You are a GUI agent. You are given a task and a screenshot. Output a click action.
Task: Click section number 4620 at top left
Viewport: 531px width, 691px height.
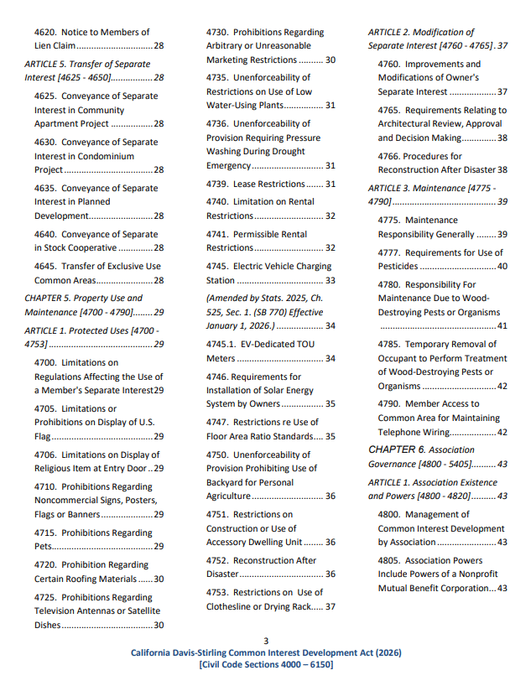46,32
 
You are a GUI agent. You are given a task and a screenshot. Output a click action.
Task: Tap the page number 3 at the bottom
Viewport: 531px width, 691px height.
266,642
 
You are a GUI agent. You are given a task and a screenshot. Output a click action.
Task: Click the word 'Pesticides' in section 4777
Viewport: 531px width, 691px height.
398,266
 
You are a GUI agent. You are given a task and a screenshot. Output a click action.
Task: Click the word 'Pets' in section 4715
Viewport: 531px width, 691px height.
43,547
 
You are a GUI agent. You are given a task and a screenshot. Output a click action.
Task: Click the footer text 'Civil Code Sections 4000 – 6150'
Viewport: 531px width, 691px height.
266,664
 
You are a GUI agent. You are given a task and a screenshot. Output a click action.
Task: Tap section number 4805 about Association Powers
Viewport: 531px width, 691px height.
390,561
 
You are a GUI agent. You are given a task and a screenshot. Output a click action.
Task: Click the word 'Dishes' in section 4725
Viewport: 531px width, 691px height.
47,625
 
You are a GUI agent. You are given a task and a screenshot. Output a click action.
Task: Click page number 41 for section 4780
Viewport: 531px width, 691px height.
502,325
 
